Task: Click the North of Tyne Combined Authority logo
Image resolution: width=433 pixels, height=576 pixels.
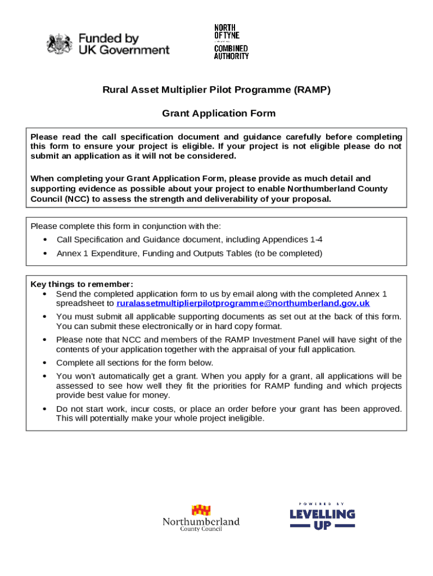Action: click(231, 42)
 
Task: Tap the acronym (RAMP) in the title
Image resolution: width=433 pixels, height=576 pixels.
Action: click(312, 89)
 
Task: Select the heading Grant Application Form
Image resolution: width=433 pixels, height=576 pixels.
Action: click(219, 114)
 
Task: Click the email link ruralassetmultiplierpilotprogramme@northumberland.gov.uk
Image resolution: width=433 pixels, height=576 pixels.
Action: click(243, 303)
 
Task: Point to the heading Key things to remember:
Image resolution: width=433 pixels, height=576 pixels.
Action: click(82, 284)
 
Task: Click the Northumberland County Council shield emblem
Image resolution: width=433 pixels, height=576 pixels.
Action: click(201, 510)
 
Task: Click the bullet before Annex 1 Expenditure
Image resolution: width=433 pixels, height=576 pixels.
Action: click(45, 254)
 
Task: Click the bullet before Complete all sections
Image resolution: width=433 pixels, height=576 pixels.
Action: click(45, 363)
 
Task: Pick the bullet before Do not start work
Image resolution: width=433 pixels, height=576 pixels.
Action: click(45, 409)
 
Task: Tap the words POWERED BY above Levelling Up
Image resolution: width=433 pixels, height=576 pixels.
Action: click(322, 503)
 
